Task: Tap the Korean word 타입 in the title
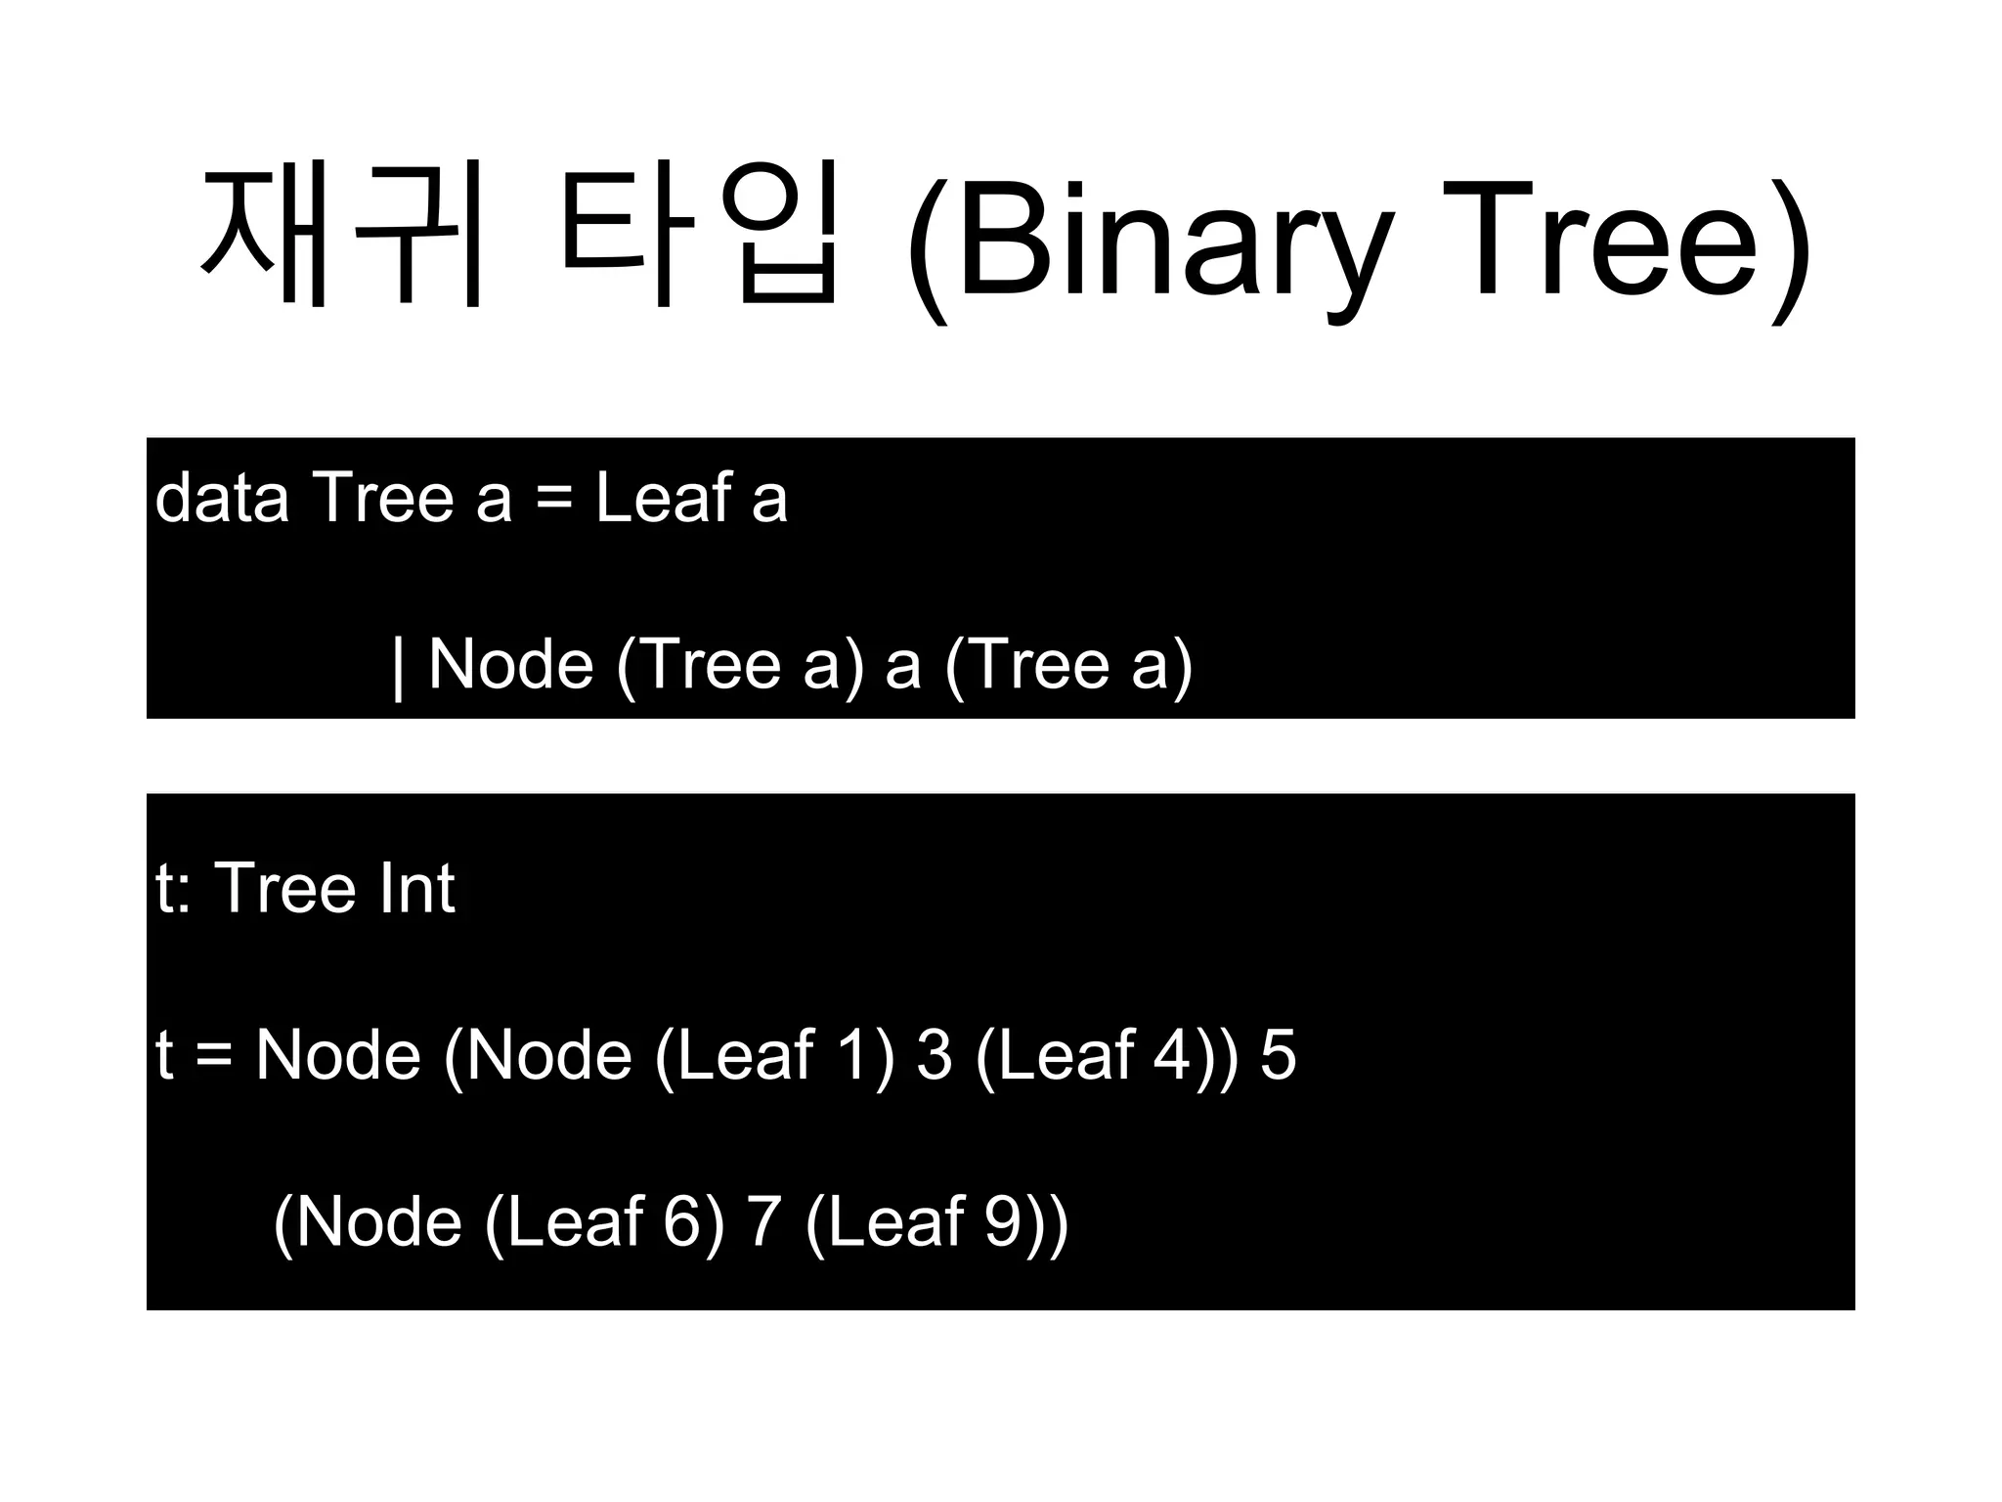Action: pos(700,235)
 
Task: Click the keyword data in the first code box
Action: pos(222,498)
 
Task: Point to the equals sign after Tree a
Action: pos(554,500)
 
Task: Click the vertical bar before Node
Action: pos(397,666)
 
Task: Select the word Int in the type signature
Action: pos(417,889)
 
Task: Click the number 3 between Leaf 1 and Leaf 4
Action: pos(935,1056)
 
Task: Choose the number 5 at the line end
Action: pos(1278,1056)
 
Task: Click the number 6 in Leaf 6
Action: pos(681,1222)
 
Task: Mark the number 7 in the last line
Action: pos(764,1222)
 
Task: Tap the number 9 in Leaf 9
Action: pos(1003,1222)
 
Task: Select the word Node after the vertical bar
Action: pos(511,665)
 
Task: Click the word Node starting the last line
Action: pos(378,1222)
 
